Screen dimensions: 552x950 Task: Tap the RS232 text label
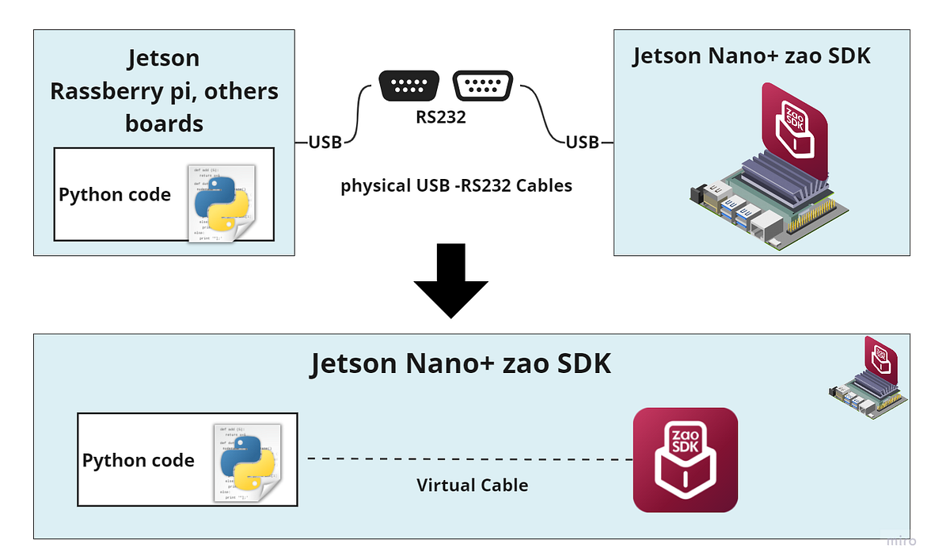click(441, 118)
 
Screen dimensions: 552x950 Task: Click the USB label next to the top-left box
click(325, 143)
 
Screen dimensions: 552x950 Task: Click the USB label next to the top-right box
click(583, 143)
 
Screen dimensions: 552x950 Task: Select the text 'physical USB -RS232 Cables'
click(456, 187)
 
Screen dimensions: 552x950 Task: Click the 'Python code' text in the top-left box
click(115, 195)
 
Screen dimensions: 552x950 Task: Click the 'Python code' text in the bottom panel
click(139, 460)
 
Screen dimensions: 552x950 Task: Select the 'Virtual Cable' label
click(472, 485)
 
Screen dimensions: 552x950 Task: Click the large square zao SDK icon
click(685, 460)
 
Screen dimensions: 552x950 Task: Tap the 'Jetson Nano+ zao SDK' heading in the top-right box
click(751, 56)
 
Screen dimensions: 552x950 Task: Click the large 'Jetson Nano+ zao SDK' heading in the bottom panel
click(461, 363)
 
